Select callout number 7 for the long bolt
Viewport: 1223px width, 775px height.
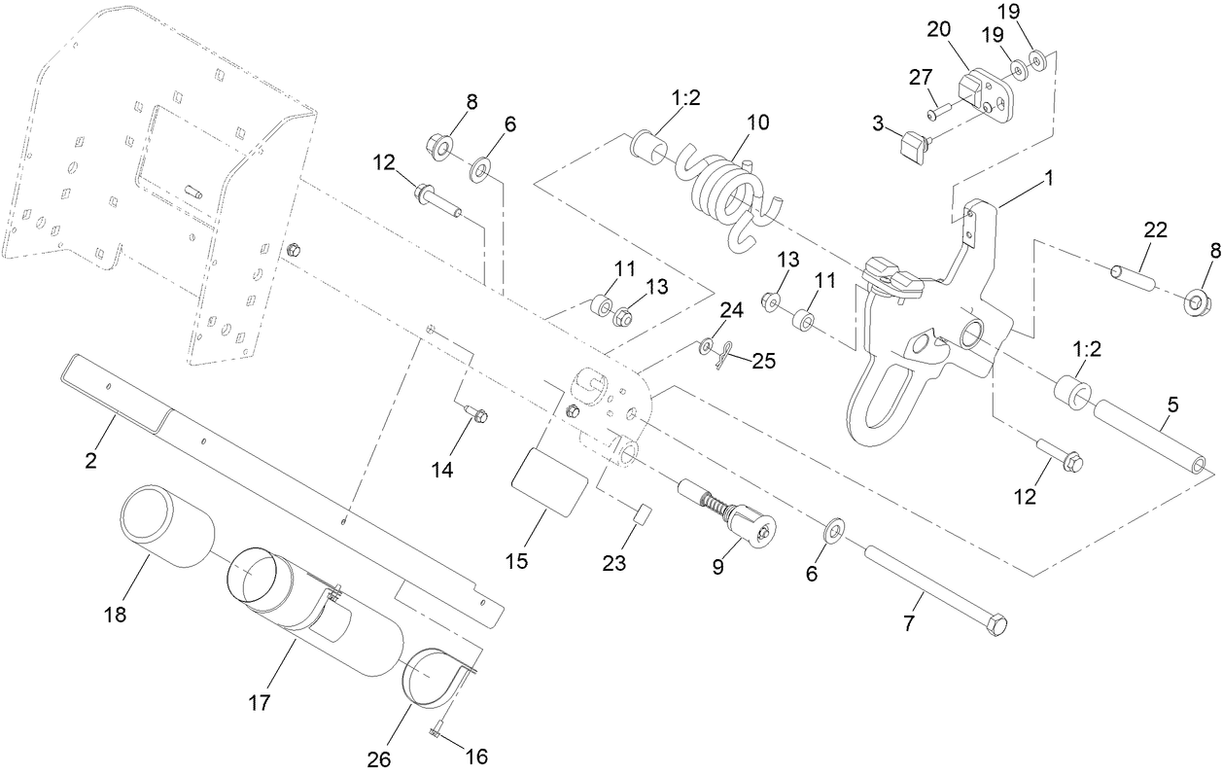click(x=909, y=624)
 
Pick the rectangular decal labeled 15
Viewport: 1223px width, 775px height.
click(x=549, y=479)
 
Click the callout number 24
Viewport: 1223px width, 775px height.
click(x=731, y=311)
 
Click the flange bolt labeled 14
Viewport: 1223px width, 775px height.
click(x=476, y=414)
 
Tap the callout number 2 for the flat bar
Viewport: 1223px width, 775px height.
click(x=90, y=461)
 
